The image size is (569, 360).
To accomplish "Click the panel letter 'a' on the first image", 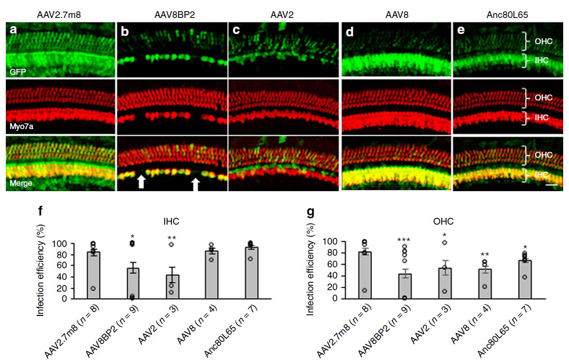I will click(14, 30).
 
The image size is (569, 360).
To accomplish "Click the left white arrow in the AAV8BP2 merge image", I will click(141, 182).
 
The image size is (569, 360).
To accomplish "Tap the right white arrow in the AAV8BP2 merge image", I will click(195, 184).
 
